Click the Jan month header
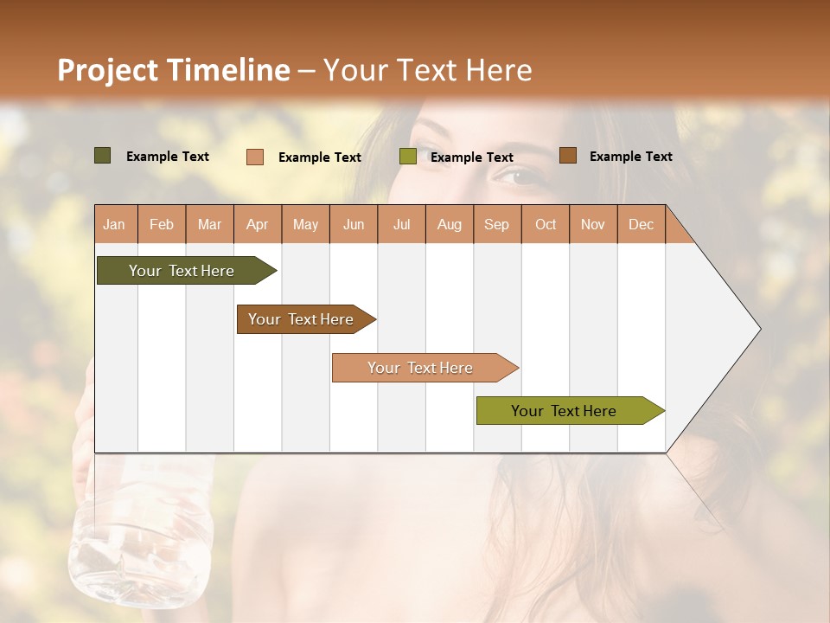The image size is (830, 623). [114, 225]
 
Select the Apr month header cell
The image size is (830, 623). [257, 225]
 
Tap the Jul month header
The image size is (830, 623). [401, 225]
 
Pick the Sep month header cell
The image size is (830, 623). [496, 225]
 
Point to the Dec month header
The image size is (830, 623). [641, 225]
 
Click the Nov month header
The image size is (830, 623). [592, 225]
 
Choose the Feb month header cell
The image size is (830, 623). [162, 225]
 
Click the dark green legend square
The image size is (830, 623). [102, 156]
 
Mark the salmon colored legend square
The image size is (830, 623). [254, 157]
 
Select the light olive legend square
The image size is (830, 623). [407, 157]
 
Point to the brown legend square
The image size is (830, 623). [567, 156]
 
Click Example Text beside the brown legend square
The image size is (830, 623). [630, 157]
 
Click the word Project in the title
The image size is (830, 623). [108, 71]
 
